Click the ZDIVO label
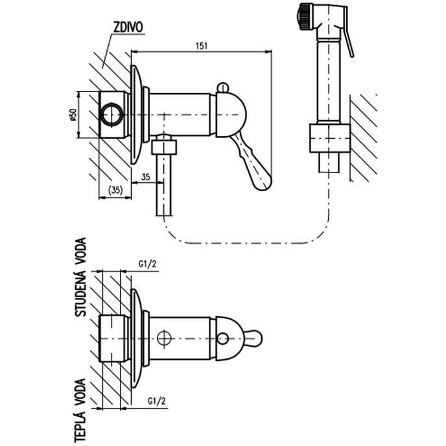click(128, 28)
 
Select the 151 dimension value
click(202, 46)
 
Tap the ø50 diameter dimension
click(73, 115)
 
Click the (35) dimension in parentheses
click(115, 190)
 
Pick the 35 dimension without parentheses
click(145, 176)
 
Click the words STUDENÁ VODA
click(80, 277)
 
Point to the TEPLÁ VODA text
click(80, 410)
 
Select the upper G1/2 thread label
click(147, 264)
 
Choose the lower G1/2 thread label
click(156, 401)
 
